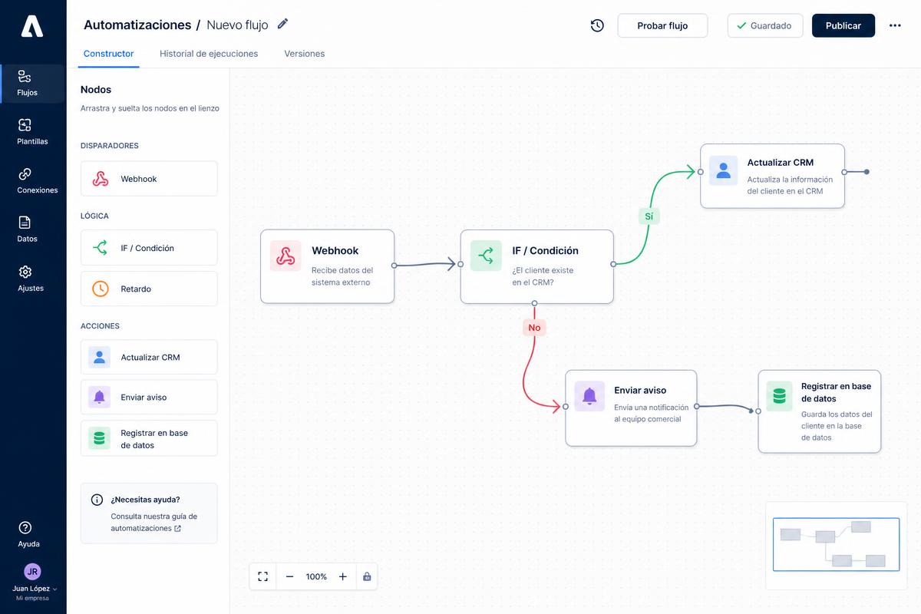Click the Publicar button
point(843,25)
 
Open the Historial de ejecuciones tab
point(209,54)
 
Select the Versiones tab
point(304,54)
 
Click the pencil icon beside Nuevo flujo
point(282,24)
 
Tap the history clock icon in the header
point(597,25)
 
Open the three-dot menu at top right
point(895,25)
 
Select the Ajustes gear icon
point(25,272)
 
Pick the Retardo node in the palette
point(149,289)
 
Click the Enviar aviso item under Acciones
point(149,398)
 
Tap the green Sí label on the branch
point(649,216)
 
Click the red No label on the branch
point(534,328)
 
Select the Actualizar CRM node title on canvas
point(780,163)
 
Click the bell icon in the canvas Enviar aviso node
point(589,396)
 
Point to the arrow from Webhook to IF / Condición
point(424,265)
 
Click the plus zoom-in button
point(342,576)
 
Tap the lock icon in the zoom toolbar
point(367,576)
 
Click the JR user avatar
point(32,571)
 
